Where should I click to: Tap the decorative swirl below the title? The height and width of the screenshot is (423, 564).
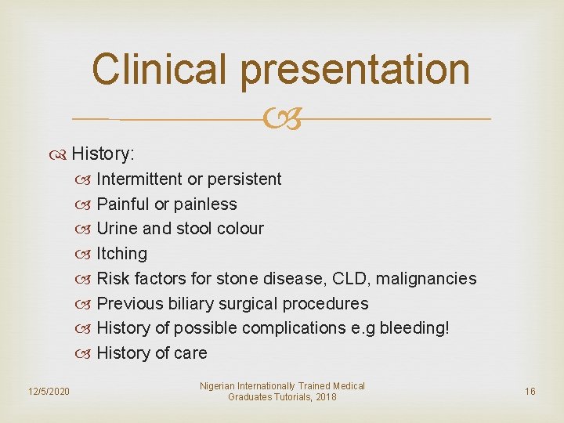coord(281,120)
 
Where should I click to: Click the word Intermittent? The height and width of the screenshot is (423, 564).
coord(139,179)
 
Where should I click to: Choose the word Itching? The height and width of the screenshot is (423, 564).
coord(121,254)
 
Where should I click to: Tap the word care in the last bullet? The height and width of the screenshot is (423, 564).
coord(190,353)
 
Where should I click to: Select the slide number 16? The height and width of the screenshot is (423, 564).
coord(530,391)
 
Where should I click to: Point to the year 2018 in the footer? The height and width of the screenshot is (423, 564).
coord(325,397)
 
